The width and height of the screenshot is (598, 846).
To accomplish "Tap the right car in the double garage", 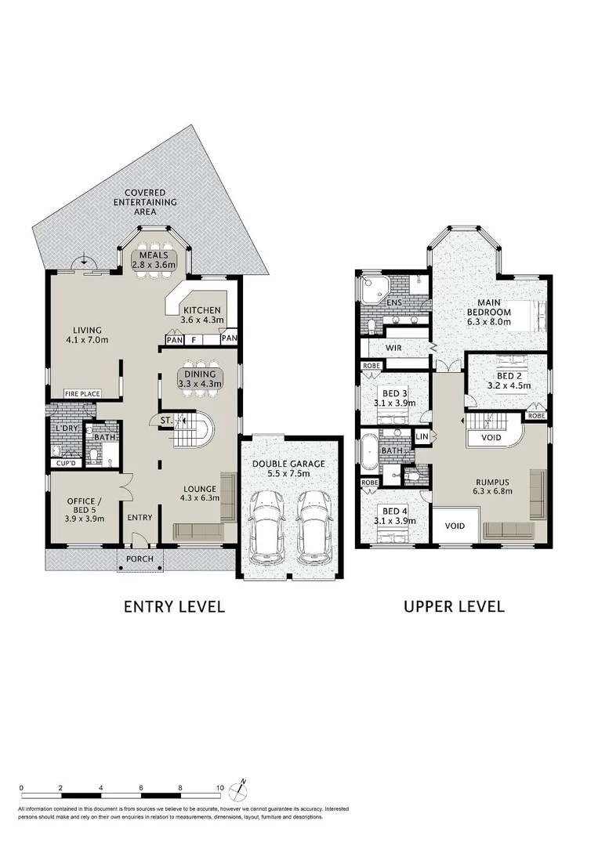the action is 315,524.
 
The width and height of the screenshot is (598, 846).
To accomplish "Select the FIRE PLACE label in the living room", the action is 82,394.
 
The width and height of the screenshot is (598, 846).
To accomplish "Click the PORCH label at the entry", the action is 140,559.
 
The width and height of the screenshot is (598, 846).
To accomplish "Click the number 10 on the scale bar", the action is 220,788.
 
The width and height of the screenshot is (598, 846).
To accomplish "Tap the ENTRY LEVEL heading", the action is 174,606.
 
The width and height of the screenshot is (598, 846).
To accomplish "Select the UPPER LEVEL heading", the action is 454,606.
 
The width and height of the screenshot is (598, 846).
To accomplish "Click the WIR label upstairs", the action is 393,348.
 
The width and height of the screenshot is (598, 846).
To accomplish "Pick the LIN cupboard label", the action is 422,436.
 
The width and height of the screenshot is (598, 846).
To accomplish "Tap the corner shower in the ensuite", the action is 371,288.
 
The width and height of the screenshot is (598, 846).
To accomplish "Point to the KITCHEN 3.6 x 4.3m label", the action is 202,315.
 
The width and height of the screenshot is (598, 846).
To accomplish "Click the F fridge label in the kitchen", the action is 194,340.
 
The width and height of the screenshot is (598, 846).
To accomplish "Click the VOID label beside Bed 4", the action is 455,526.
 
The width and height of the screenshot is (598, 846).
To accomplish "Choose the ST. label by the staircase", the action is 165,420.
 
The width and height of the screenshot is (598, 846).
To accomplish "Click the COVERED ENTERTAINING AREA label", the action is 146,202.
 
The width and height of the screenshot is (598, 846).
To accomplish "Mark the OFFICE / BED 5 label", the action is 84,510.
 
